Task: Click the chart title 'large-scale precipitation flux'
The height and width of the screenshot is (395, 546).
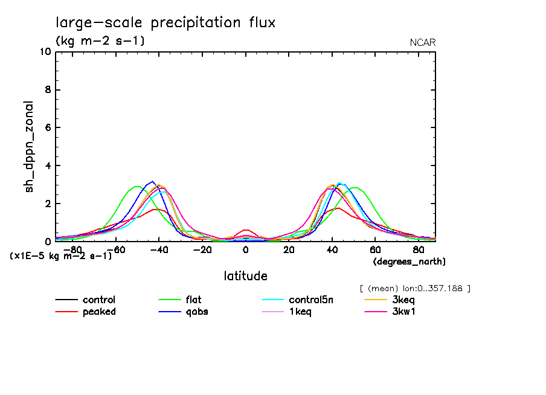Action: point(165,23)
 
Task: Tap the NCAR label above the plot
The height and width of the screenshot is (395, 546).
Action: point(423,42)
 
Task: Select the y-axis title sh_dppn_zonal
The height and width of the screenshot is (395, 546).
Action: point(29,147)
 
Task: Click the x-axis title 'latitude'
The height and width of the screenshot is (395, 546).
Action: point(245,276)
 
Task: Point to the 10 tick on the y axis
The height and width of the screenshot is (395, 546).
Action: point(44,52)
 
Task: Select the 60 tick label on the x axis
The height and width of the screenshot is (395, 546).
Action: point(374,249)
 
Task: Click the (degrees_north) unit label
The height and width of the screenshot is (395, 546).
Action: point(409,262)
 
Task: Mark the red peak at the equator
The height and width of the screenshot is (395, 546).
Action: point(245,230)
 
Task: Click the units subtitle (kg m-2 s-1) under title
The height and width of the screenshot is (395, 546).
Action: point(100,41)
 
